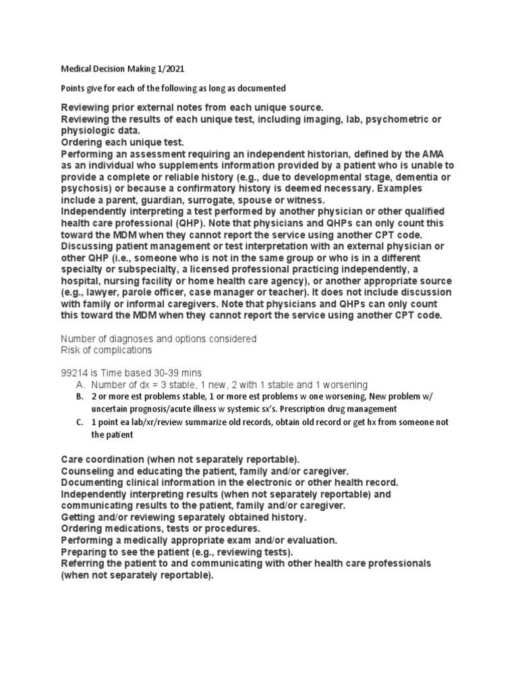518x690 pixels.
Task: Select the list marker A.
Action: [79, 384]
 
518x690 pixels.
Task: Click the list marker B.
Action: [79, 396]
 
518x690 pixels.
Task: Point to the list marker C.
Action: [79, 422]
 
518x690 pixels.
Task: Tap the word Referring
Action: [84, 563]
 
